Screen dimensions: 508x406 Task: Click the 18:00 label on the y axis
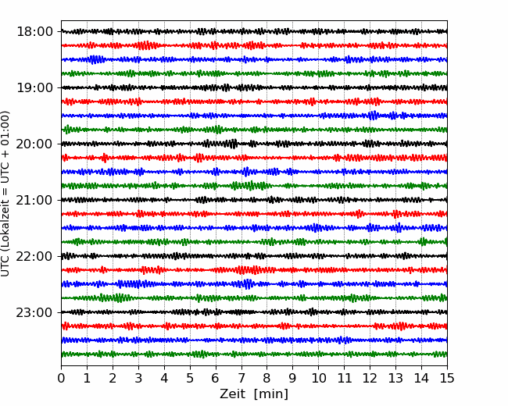click(34, 32)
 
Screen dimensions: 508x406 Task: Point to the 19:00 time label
click(34, 87)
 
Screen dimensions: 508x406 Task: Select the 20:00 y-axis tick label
click(34, 144)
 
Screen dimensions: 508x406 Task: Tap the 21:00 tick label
click(34, 200)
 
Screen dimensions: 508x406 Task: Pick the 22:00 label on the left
click(34, 256)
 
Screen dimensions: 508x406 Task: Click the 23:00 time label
click(34, 312)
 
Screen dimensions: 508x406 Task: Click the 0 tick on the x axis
click(61, 378)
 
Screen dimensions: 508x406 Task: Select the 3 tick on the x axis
click(138, 378)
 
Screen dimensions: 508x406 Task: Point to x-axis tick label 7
click(241, 378)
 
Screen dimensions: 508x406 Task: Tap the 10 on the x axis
click(318, 378)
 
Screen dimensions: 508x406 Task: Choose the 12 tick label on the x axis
click(370, 378)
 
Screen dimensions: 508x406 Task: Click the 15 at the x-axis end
click(447, 378)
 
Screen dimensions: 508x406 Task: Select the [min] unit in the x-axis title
click(271, 394)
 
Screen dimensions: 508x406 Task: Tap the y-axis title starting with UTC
click(5, 194)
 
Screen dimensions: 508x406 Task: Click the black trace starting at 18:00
click(254, 31)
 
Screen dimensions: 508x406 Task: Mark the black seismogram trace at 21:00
click(254, 200)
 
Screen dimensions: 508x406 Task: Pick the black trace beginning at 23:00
click(254, 312)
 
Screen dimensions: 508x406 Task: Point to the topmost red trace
click(254, 45)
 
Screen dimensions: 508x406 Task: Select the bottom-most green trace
click(254, 354)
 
